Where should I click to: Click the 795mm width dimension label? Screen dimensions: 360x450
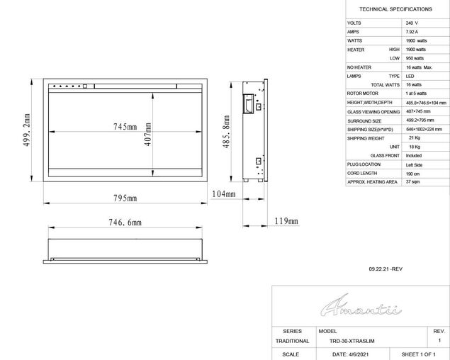(x=124, y=198)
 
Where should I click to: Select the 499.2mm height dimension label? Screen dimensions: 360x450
(x=26, y=130)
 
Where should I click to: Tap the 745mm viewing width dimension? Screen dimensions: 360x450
(x=125, y=127)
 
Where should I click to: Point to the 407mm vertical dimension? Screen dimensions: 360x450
(x=147, y=131)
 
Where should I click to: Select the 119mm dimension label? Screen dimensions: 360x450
(x=286, y=221)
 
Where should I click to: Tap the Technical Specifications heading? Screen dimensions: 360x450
(x=395, y=9)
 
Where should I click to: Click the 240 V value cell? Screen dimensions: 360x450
(x=412, y=23)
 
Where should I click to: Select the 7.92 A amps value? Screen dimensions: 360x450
(x=413, y=32)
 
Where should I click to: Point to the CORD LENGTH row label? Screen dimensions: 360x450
(x=362, y=173)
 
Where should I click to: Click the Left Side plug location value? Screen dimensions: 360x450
(x=414, y=164)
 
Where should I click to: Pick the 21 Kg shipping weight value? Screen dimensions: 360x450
(x=415, y=138)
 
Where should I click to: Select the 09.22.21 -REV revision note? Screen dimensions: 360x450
(x=386, y=270)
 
